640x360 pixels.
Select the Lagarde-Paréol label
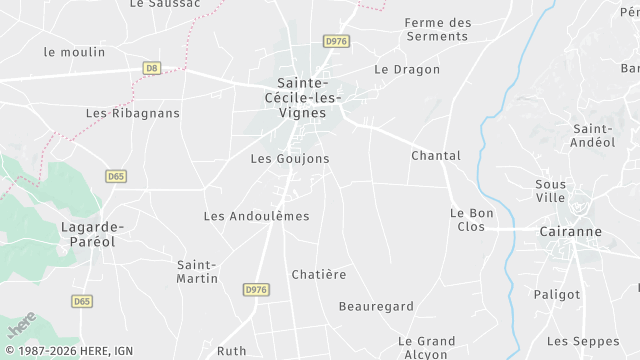point(89,234)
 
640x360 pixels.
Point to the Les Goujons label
point(289,158)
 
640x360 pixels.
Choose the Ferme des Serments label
point(437,29)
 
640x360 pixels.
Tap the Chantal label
point(436,156)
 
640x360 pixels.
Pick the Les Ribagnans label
point(133,113)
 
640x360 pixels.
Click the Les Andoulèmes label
point(256,216)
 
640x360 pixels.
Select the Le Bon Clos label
point(467,220)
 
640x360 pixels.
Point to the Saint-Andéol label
point(593,136)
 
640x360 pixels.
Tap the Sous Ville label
point(550,191)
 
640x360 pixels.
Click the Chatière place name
point(318,274)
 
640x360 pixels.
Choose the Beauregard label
point(376,306)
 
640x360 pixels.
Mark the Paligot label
point(557,294)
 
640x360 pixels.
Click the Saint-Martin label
point(197,271)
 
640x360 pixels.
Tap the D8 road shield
point(152,68)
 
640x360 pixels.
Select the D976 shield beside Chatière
point(256,289)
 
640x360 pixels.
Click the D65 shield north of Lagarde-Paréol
point(115,176)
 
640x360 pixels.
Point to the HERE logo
point(21,324)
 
